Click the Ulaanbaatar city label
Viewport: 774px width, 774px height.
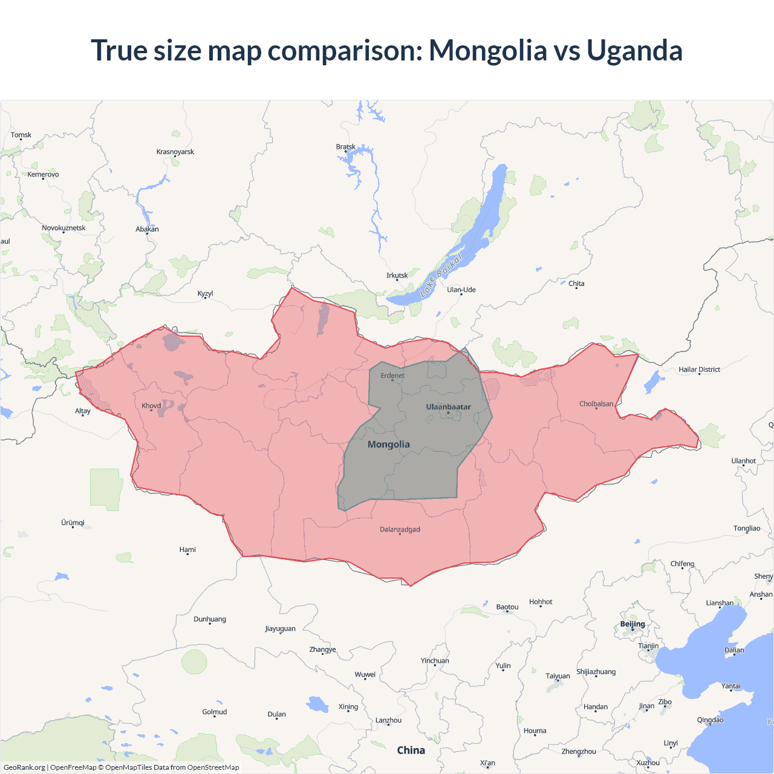pos(448,407)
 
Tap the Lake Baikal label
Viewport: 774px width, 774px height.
pos(441,275)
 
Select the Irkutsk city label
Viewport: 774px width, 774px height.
pos(397,275)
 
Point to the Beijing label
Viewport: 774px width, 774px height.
pos(633,624)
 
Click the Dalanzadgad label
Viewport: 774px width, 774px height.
pos(400,529)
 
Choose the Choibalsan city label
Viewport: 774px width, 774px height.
pos(596,403)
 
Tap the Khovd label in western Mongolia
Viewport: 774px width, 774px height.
pos(151,406)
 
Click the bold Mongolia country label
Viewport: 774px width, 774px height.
pos(389,444)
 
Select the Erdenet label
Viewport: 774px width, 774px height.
pos(392,376)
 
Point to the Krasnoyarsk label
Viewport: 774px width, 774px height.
pos(175,152)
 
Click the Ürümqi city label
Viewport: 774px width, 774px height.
pos(73,522)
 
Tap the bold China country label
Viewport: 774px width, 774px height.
pos(411,750)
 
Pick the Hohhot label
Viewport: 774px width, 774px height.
pos(541,602)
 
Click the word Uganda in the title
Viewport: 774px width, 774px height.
pos(634,50)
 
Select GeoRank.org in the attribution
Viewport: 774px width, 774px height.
pos(24,767)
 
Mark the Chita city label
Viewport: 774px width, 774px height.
pos(576,284)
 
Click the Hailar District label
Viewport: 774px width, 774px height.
pos(699,369)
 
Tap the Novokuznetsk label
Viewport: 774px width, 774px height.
pos(63,228)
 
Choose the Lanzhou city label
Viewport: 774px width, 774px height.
pos(388,720)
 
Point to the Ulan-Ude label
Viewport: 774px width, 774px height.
pos(461,290)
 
